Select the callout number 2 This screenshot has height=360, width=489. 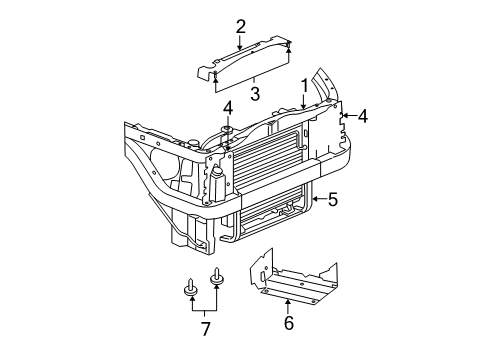(x=241, y=26)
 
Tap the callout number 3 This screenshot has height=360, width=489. (x=254, y=95)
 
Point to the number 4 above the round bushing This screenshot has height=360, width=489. (x=228, y=107)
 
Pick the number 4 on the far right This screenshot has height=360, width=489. (x=363, y=117)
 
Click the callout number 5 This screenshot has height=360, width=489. (x=333, y=199)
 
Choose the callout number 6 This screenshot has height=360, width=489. (x=289, y=323)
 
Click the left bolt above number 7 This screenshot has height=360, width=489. (x=190, y=290)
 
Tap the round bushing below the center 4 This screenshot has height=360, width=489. (x=227, y=130)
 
